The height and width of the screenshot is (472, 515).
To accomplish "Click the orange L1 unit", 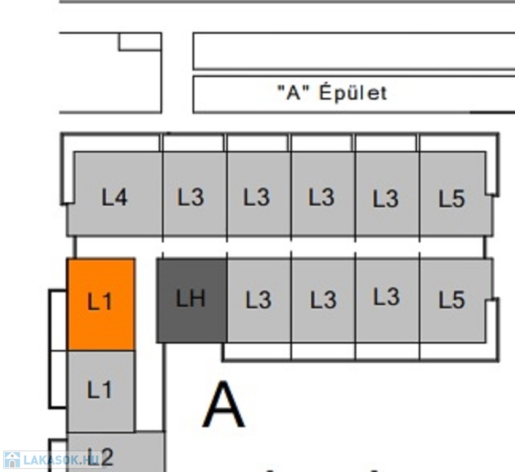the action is tap(101, 304).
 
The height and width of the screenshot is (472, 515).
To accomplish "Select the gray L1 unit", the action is tap(101, 391).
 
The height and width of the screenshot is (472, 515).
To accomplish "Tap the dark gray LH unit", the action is tap(192, 301).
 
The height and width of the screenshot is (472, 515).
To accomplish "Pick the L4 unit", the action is tap(115, 194).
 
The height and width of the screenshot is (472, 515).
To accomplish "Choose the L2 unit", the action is tap(115, 452).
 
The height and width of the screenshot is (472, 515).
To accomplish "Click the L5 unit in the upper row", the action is tap(456, 194).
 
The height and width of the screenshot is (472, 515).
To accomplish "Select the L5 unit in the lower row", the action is tap(456, 301).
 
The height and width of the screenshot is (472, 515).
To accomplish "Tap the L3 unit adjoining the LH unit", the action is tap(259, 301).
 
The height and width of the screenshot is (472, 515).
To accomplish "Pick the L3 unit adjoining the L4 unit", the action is tap(195, 194).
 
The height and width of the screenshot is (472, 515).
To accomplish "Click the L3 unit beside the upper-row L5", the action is tap(387, 194).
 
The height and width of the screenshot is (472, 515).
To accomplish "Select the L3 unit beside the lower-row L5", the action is tap(387, 301).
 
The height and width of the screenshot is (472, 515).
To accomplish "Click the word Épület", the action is tap(354, 92).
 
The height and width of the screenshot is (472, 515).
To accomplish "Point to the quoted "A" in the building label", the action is tap(293, 92).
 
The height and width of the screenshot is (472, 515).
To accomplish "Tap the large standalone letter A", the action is tap(223, 404).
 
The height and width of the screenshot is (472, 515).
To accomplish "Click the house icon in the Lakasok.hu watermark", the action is tap(12, 460).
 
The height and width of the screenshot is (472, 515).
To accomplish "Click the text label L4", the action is tap(114, 197).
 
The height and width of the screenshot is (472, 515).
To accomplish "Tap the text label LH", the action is tap(191, 298).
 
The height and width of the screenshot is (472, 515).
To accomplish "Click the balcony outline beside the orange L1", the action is tap(50, 320).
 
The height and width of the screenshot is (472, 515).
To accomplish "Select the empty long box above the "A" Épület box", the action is tap(354, 51).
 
